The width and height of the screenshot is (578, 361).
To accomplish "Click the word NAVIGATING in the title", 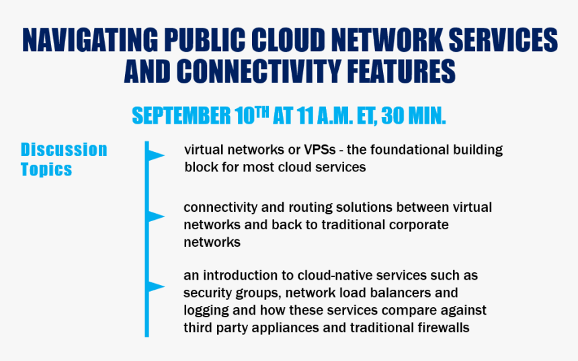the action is tap(90, 40).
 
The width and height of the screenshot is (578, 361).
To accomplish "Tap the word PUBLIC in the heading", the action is tap(205, 40).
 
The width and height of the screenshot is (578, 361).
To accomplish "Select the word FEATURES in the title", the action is tap(401, 71).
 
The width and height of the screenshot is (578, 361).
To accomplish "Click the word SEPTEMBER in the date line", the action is tap(181, 116).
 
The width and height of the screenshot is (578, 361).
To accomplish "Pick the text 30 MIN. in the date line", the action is tap(413, 116).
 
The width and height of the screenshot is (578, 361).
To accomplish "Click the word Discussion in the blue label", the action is tap(64, 150).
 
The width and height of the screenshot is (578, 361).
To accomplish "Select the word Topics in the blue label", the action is tap(46, 169).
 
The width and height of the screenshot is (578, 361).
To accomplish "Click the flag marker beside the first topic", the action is tap(155, 155).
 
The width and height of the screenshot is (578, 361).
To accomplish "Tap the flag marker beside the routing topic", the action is tap(155, 216).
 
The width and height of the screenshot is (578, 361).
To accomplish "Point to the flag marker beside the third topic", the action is tap(155, 286).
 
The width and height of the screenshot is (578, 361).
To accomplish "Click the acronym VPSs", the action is tap(320, 150).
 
